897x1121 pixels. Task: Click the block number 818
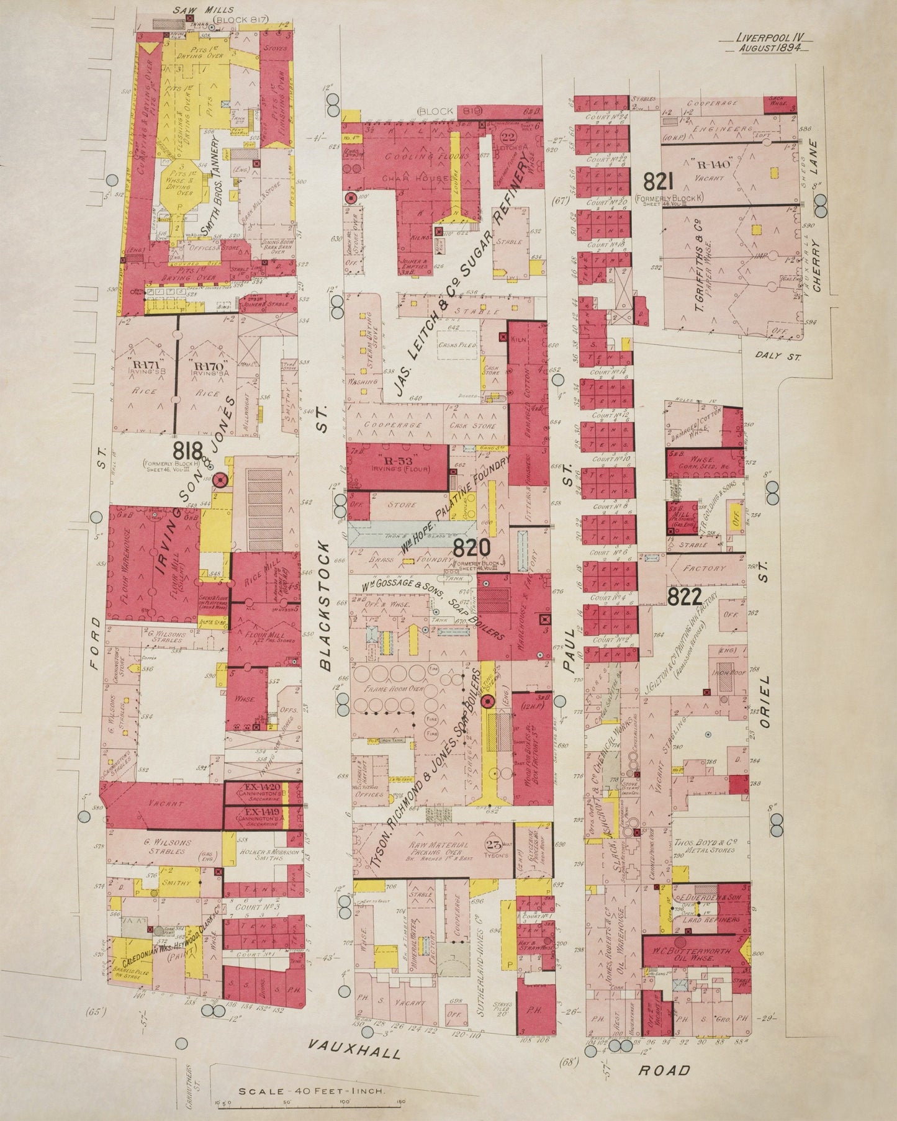189,450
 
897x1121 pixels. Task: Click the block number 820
472,547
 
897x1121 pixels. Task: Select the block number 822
684,597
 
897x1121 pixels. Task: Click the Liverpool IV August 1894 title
770,43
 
